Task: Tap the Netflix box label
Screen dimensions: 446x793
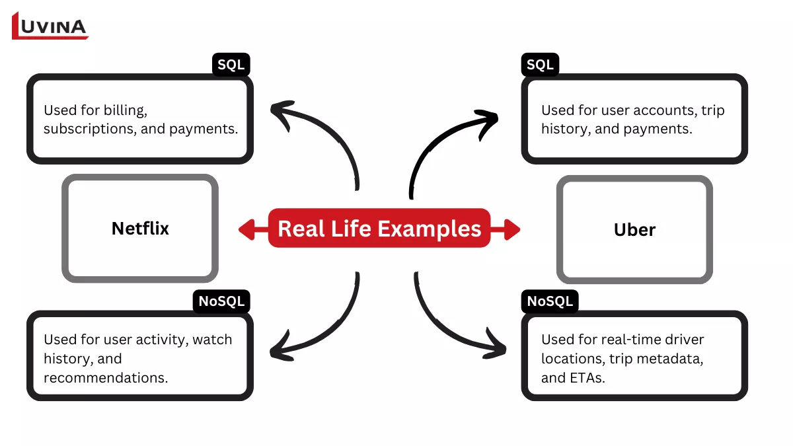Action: pos(140,229)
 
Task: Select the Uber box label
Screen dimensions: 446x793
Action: pos(634,230)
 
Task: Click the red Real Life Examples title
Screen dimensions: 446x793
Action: pos(379,229)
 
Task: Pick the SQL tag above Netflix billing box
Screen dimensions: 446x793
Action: pos(231,65)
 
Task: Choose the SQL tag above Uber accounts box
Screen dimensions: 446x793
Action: pos(540,65)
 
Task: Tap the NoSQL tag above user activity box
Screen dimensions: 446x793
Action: pos(222,302)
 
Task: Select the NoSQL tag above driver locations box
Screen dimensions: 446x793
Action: pos(549,302)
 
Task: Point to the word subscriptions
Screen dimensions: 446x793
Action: pos(90,129)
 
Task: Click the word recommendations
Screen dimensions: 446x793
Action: pos(104,377)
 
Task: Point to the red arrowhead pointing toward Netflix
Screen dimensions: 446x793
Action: pos(246,229)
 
